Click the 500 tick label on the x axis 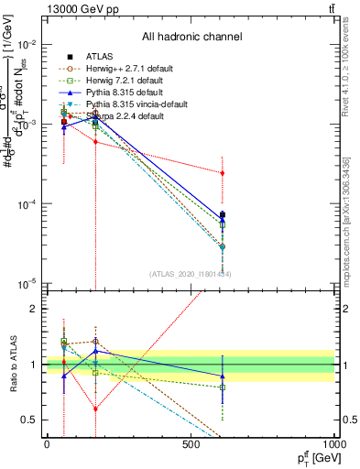[191, 444]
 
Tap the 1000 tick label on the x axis [333, 444]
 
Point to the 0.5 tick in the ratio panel [27, 420]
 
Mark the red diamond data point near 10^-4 [223, 172]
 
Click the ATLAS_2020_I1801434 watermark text [191, 274]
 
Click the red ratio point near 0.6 [95, 409]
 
